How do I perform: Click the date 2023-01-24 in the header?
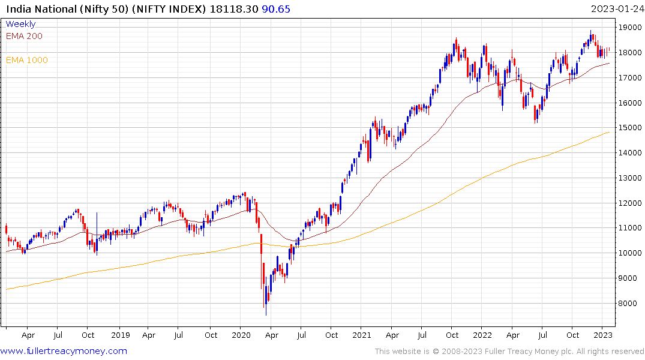(x=616, y=8)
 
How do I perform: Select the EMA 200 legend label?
(x=24, y=36)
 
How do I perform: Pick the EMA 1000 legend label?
(x=27, y=60)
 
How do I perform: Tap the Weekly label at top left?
(x=20, y=24)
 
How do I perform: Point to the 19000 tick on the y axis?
(x=630, y=28)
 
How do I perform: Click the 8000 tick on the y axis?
(x=628, y=304)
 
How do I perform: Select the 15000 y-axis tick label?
(x=630, y=128)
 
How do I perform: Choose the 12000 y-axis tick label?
(x=630, y=203)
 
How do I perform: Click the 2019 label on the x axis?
(x=120, y=335)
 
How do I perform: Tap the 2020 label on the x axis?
(x=241, y=335)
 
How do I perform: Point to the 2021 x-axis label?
(x=362, y=335)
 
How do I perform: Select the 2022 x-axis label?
(x=482, y=335)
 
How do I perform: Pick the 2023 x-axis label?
(x=604, y=335)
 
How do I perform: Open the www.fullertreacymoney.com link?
(x=64, y=351)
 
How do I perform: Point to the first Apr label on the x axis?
(x=28, y=335)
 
